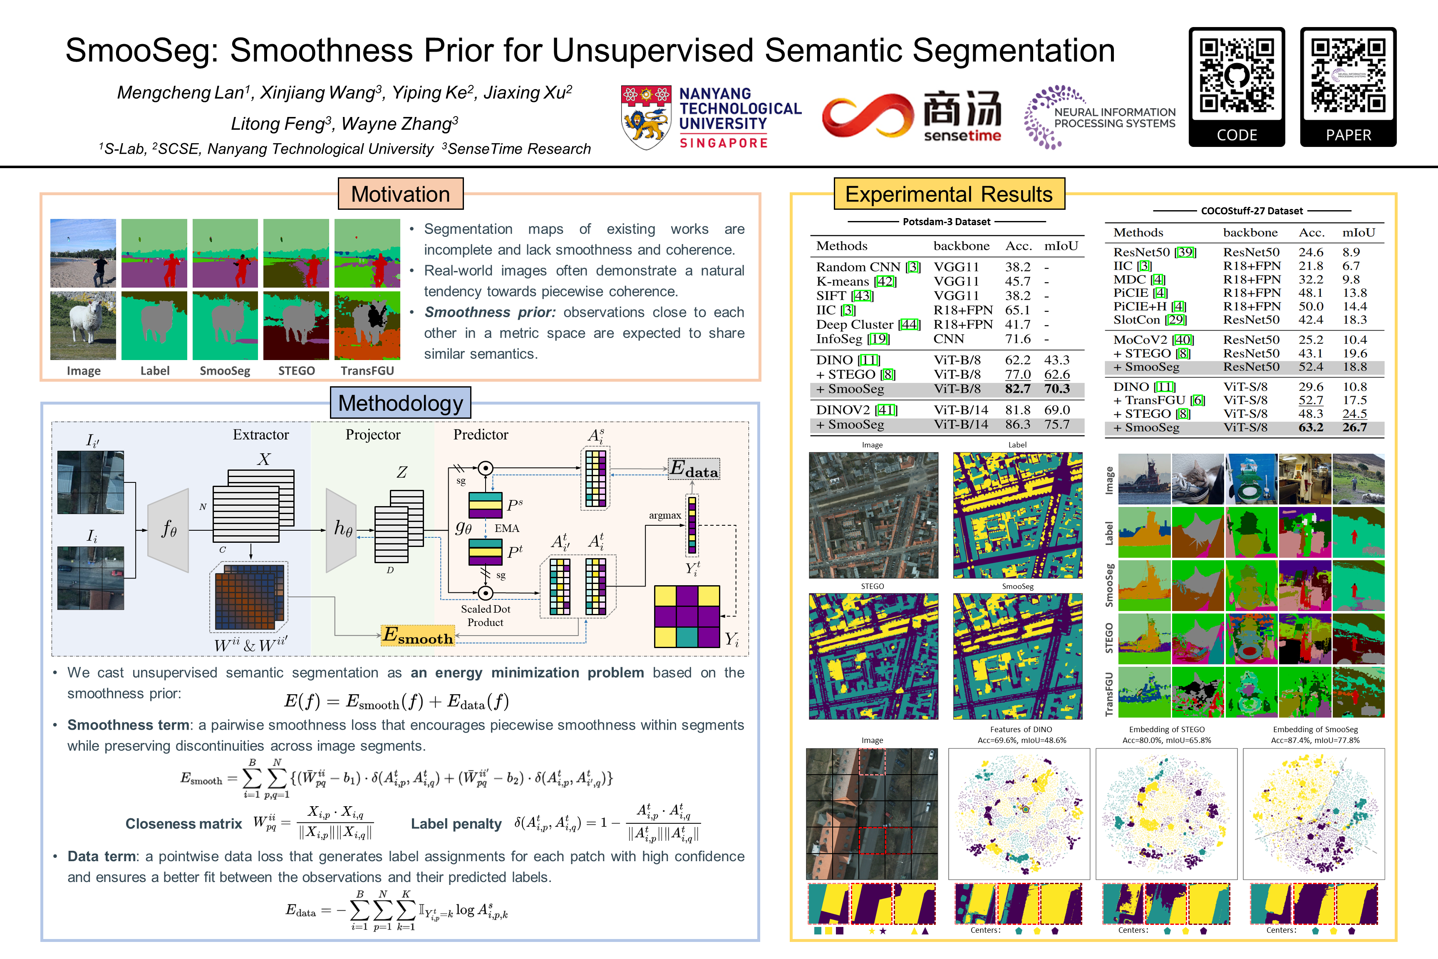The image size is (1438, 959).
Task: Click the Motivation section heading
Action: (400, 194)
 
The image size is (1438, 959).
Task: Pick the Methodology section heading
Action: (400, 404)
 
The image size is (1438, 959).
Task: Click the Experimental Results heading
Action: (949, 194)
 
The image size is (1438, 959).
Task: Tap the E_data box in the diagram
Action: (693, 469)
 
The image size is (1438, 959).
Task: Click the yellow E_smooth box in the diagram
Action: (418, 636)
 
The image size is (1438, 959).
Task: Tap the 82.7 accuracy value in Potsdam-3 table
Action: (1017, 389)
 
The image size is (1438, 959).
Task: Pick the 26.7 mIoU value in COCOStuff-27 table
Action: (1354, 427)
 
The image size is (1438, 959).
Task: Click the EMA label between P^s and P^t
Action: (507, 529)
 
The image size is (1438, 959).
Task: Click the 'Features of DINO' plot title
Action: (1021, 730)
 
